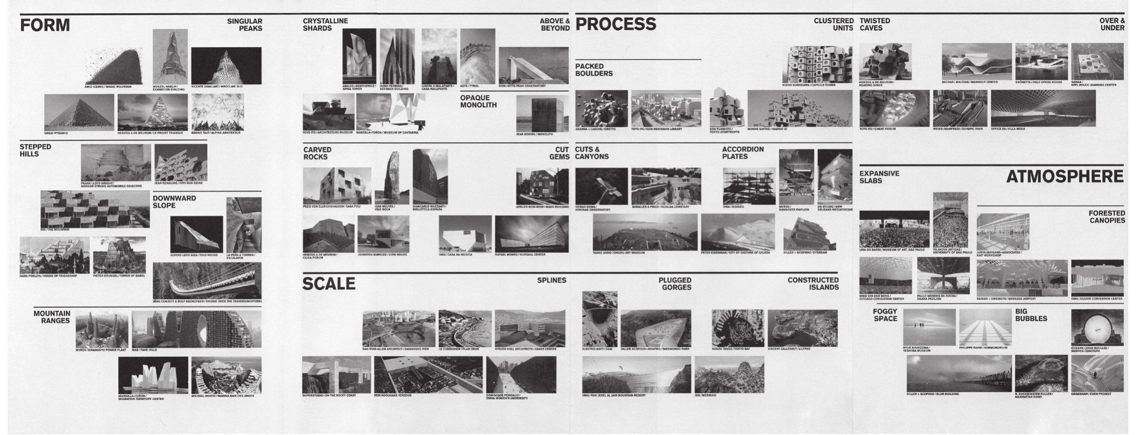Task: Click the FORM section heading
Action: [45, 25]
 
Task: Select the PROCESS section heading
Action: [615, 24]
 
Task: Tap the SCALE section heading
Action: [329, 284]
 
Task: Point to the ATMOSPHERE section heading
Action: [1065, 176]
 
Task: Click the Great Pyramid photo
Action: [79, 112]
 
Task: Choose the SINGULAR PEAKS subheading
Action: [244, 25]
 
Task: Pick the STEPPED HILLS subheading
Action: [35, 150]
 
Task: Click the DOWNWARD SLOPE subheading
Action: [174, 202]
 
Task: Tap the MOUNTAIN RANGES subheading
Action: [52, 317]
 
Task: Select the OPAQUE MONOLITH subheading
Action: [479, 101]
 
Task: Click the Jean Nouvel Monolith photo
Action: [542, 114]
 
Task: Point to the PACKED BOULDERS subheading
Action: [594, 70]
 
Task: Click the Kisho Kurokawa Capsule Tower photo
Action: [817, 65]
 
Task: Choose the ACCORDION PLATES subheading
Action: [743, 153]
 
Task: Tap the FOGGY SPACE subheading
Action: [885, 315]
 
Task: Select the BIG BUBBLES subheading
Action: [1031, 315]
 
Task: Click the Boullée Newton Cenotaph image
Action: [1097, 327]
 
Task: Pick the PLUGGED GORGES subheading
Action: [674, 284]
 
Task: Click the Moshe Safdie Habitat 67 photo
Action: [799, 108]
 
